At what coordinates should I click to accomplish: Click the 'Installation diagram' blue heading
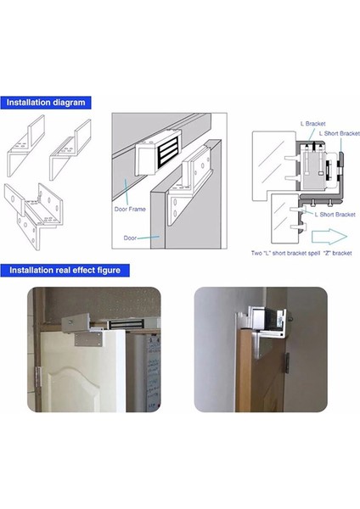coord(46,103)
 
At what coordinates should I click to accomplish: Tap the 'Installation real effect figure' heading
coord(65,271)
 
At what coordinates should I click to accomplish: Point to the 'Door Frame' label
coord(130,209)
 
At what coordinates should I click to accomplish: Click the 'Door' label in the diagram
coord(130,238)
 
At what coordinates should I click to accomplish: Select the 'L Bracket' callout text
coord(313,124)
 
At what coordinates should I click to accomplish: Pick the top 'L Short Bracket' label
coord(340,133)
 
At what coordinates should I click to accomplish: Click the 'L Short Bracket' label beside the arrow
coord(335,215)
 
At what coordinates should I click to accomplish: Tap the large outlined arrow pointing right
coord(329,237)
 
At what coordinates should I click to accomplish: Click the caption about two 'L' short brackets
coord(301,253)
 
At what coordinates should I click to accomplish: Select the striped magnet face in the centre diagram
coord(169,154)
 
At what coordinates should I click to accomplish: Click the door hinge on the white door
coord(39,378)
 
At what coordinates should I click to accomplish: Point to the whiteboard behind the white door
coord(153,373)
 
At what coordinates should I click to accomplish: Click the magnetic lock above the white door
coord(126,324)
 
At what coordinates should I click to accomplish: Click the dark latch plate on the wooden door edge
coord(288,363)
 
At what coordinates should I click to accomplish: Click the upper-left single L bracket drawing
coord(26,146)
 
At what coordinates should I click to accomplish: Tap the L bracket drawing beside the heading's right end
coord(70,149)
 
